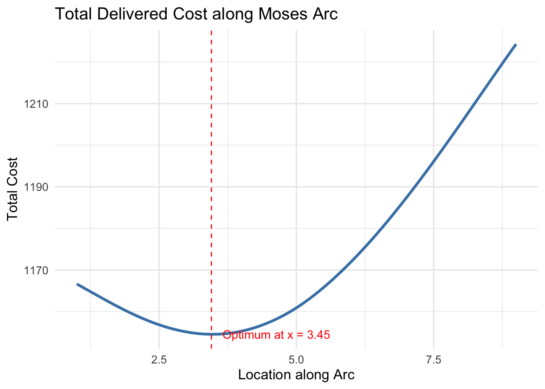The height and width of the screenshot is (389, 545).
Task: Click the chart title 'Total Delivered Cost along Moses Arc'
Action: click(196, 14)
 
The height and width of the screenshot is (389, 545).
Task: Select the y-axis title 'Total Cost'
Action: click(13, 188)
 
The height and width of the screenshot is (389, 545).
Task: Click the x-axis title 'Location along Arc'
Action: click(296, 375)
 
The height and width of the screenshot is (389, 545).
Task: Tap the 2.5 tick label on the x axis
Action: click(159, 359)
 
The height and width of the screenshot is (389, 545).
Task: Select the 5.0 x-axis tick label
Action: click(296, 359)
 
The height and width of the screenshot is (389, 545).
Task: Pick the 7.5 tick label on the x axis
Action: click(433, 359)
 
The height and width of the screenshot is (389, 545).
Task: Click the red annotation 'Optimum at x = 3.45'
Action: click(276, 335)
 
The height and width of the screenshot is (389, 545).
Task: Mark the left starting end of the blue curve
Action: click(77, 284)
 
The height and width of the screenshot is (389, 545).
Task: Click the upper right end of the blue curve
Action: click(516, 44)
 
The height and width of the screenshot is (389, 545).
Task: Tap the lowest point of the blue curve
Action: click(211, 334)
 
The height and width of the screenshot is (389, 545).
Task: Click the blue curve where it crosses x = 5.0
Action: click(296, 308)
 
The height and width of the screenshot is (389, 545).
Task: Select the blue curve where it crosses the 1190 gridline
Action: click(414, 187)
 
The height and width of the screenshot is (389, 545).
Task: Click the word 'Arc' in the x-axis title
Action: click(345, 375)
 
